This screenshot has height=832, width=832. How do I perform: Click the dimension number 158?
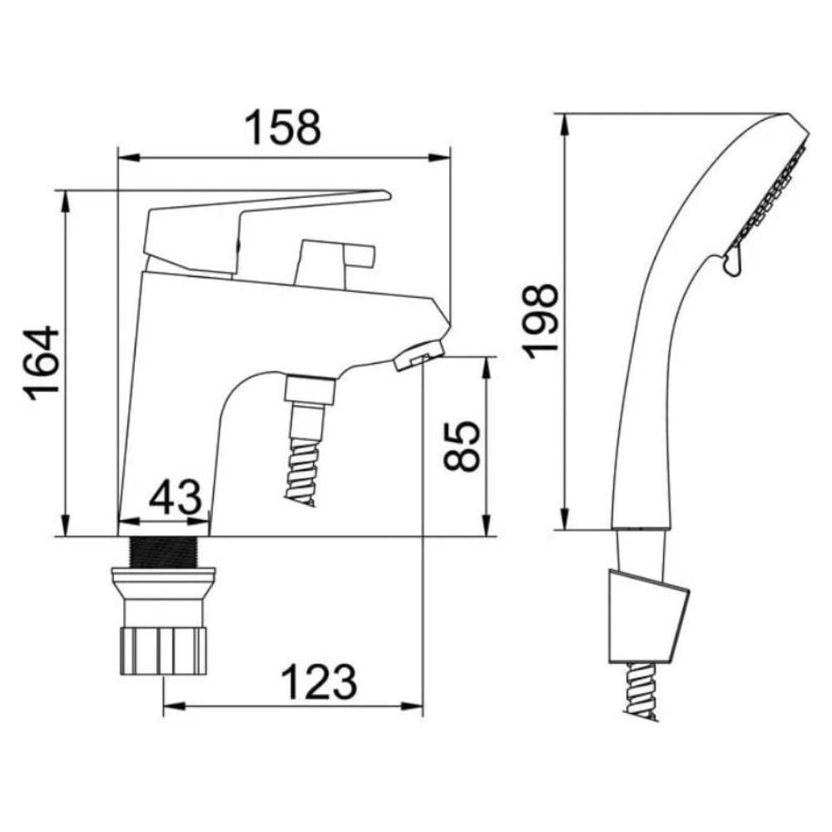pyautogui.click(x=282, y=127)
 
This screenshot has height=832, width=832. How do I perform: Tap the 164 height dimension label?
pyautogui.click(x=41, y=363)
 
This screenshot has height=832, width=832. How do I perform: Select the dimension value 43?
pyautogui.click(x=175, y=497)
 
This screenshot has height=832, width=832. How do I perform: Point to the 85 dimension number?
pyautogui.click(x=461, y=446)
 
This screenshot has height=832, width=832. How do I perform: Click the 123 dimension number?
pyautogui.click(x=319, y=681)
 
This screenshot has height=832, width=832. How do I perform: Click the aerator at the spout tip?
pyautogui.click(x=418, y=355)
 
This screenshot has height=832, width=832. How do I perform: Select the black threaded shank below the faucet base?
pyautogui.click(x=164, y=552)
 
